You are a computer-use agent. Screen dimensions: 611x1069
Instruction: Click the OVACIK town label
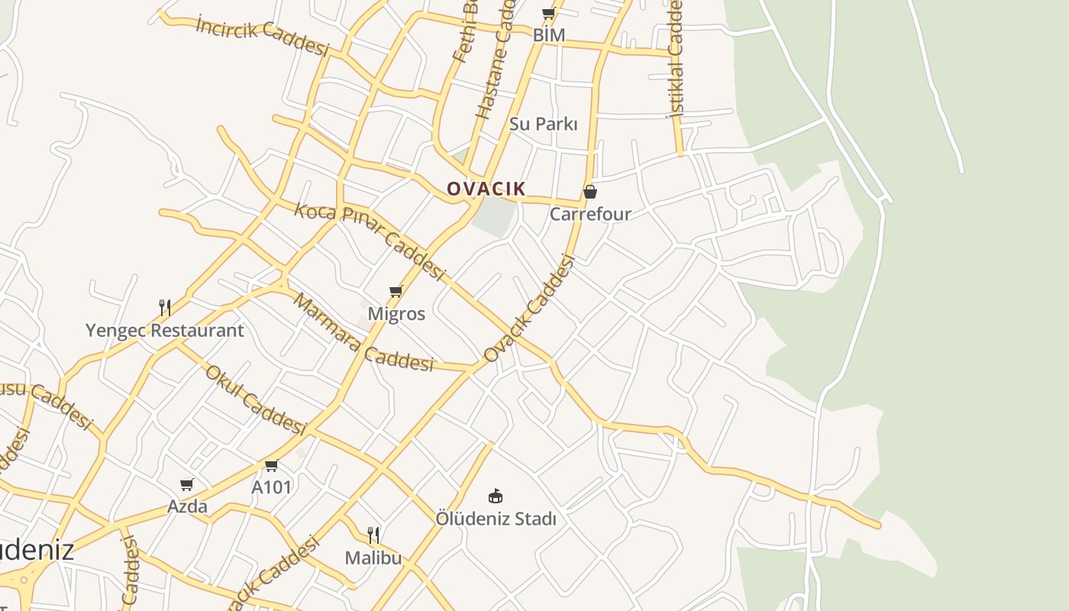486,189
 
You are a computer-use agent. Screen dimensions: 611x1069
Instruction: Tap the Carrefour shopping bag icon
590,192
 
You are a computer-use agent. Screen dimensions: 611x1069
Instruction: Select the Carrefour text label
590,214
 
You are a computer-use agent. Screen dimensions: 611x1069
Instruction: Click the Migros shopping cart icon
396,292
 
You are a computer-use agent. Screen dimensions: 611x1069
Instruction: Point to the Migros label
396,314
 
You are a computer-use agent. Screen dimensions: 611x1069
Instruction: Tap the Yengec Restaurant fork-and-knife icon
164,308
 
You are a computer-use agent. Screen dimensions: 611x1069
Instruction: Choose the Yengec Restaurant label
164,331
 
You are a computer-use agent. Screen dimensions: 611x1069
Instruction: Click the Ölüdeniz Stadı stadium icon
496,496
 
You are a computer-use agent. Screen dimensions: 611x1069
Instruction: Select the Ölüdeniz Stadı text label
496,519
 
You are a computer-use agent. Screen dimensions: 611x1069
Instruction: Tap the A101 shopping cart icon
271,465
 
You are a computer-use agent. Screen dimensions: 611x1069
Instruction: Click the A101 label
272,487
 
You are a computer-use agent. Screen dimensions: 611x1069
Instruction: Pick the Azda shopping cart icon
187,484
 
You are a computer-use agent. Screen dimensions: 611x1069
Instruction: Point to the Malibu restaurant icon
373,535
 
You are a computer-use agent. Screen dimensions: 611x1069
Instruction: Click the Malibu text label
373,558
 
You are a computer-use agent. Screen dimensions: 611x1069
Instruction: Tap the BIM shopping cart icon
548,14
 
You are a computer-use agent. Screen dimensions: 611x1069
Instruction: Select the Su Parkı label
543,124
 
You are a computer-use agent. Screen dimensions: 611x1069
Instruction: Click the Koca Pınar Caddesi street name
370,241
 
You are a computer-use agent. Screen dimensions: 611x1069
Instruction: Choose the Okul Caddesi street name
255,401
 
